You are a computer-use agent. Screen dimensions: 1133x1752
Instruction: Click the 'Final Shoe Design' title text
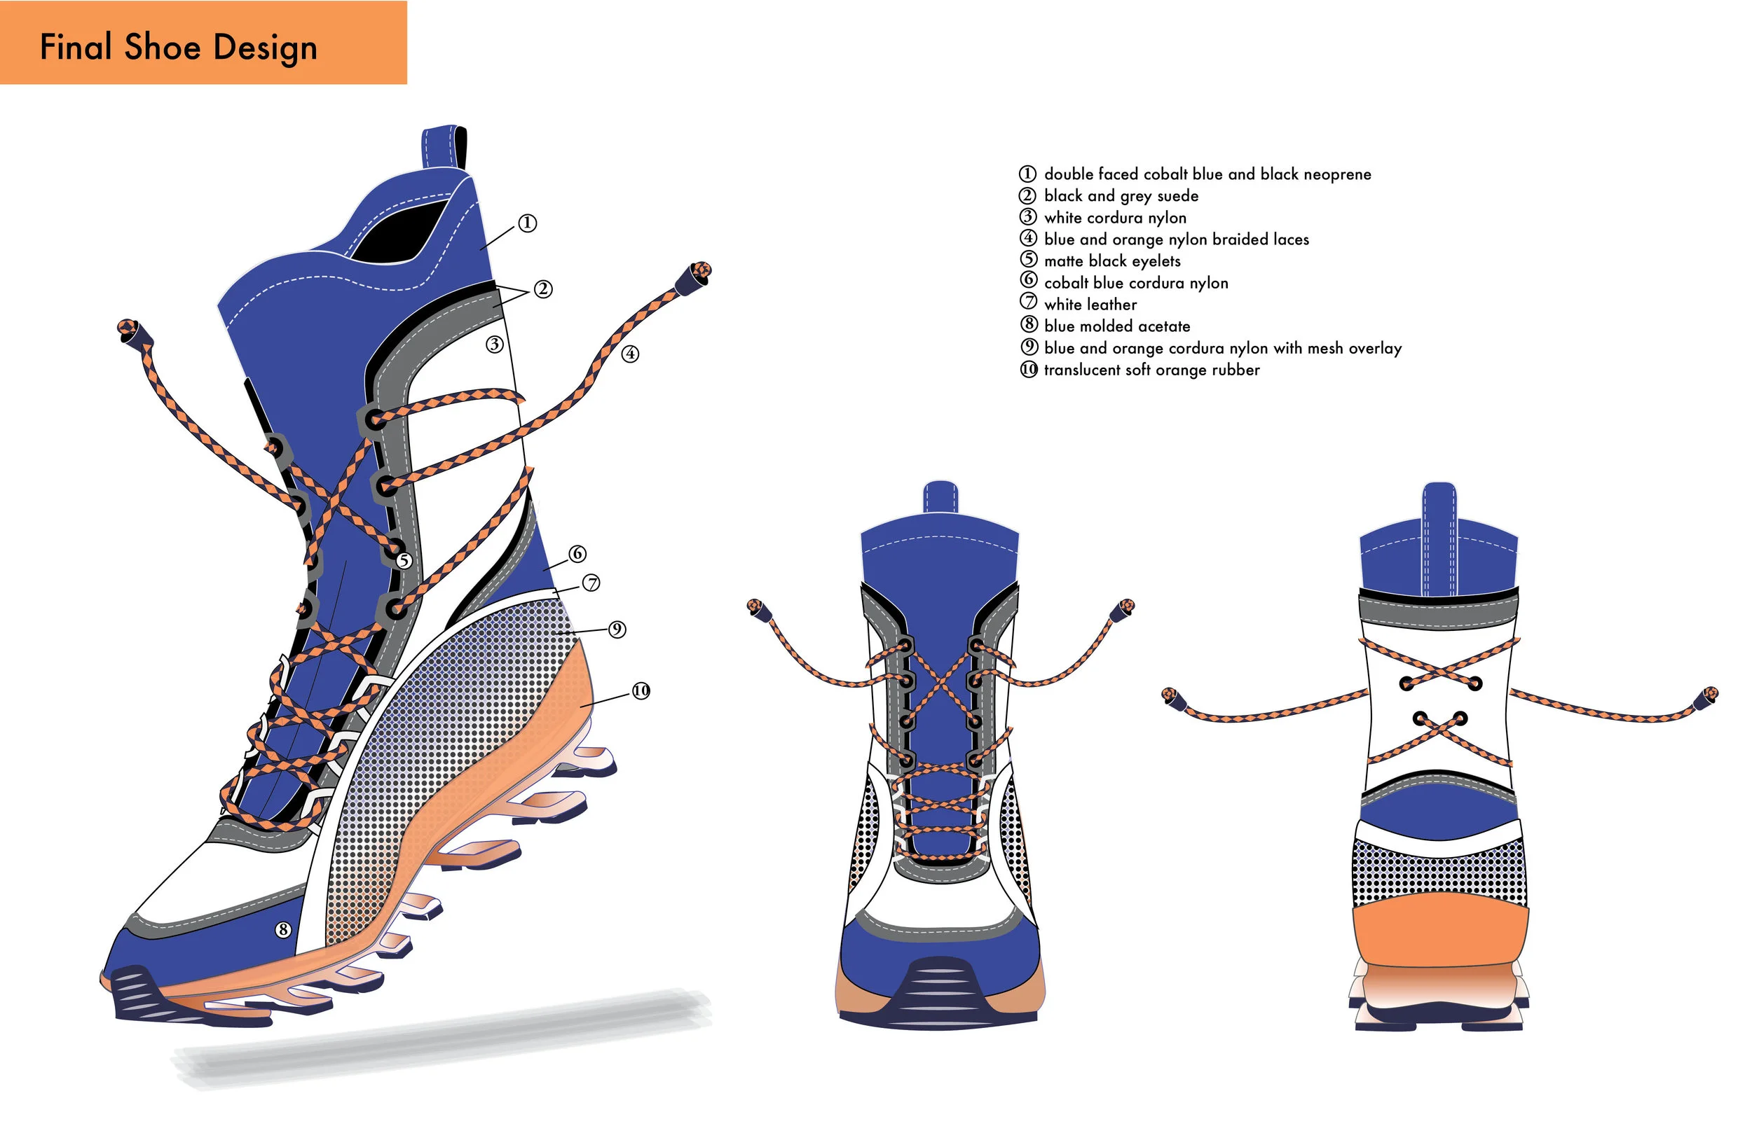point(179,47)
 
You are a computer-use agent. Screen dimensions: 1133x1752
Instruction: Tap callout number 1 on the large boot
point(527,223)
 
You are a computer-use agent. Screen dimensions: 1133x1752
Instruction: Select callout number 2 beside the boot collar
point(543,289)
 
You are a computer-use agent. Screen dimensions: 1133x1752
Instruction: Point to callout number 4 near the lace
point(630,354)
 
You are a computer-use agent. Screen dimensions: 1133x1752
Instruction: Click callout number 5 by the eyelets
point(404,561)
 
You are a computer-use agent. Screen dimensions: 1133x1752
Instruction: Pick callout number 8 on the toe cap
point(282,930)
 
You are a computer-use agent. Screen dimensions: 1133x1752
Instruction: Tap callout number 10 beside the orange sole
point(641,691)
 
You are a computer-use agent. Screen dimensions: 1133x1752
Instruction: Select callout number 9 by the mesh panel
point(617,630)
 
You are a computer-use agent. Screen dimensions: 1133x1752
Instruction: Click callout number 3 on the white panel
point(495,345)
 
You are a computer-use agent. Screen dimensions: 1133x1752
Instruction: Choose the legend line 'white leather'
point(1090,305)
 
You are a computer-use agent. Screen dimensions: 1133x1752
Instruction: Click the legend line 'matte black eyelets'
point(1111,261)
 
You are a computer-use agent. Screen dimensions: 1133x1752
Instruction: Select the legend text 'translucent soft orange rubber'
point(1151,370)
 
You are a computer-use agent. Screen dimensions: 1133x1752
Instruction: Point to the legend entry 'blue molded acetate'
point(1116,326)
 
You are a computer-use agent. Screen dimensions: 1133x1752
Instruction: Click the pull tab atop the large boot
point(444,147)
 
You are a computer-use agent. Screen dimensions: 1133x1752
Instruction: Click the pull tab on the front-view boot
point(940,497)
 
